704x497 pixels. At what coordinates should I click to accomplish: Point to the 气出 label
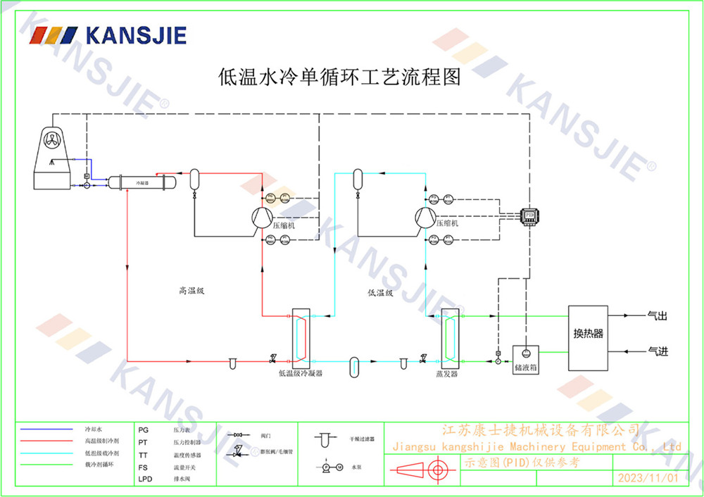[x=657, y=317]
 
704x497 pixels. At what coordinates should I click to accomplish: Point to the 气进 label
[x=657, y=351]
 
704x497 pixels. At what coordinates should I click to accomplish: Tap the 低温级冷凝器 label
[x=301, y=374]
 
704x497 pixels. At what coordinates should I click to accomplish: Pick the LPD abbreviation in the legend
[x=144, y=479]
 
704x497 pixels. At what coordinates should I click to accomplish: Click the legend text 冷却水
[x=93, y=429]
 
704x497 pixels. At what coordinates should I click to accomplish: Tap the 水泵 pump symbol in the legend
[x=331, y=467]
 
